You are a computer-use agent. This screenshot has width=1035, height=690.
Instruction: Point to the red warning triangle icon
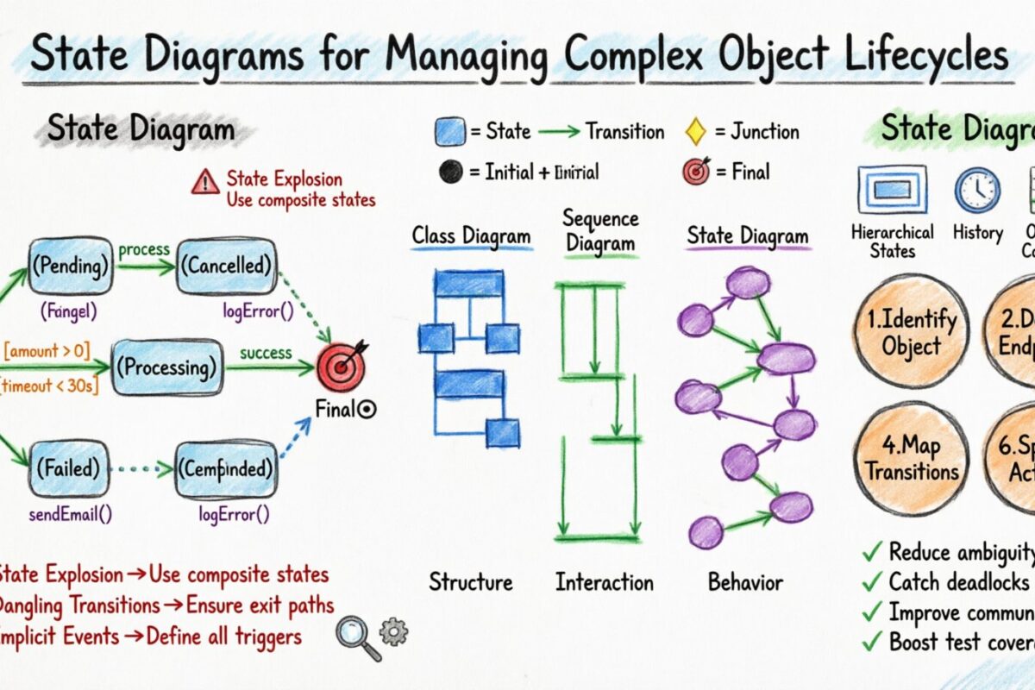[x=205, y=181]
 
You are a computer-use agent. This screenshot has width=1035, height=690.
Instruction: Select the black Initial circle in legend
[x=450, y=172]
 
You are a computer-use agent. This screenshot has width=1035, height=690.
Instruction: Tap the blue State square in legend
[x=450, y=132]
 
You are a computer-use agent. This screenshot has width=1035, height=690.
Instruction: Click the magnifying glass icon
[x=355, y=635]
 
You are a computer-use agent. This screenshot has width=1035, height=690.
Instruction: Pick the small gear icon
[x=393, y=631]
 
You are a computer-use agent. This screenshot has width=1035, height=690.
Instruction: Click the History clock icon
[x=977, y=190]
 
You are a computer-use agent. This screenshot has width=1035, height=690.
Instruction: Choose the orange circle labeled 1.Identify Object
[x=912, y=332]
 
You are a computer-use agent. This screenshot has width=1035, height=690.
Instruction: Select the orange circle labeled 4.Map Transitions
[x=912, y=458]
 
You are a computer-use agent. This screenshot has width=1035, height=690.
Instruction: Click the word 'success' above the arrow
[x=266, y=353]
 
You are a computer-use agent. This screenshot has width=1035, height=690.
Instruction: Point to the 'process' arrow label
[x=144, y=250]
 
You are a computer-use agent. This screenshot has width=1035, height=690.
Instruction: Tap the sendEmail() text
[x=71, y=514]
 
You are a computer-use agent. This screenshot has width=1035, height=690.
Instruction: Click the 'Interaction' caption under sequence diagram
[x=604, y=582]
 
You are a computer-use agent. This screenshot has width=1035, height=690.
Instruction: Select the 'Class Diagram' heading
[x=471, y=235]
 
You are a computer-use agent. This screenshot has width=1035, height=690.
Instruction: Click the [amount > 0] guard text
[x=48, y=350]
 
